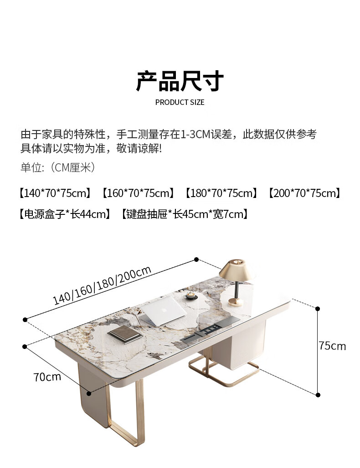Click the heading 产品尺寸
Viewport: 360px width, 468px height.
tap(180, 81)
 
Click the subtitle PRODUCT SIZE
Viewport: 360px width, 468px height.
tap(180, 102)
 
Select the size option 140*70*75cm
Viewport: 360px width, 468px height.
tap(55, 193)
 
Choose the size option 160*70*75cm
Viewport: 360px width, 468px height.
tap(138, 193)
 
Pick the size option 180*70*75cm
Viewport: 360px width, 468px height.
tap(221, 193)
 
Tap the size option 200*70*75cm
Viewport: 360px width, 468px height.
tap(304, 193)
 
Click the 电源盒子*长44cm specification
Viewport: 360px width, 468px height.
tap(64, 214)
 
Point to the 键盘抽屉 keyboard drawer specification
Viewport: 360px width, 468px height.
tap(185, 214)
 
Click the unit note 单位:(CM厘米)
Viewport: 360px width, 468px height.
tap(58, 168)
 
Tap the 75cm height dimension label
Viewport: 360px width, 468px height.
tap(332, 346)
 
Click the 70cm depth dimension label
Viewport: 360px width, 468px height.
tap(47, 377)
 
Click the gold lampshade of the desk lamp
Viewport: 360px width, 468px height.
tap(237, 270)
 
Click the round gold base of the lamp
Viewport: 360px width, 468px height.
tap(236, 301)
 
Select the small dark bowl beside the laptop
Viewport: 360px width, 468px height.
tap(190, 296)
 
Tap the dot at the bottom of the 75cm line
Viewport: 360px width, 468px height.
tap(318, 395)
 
